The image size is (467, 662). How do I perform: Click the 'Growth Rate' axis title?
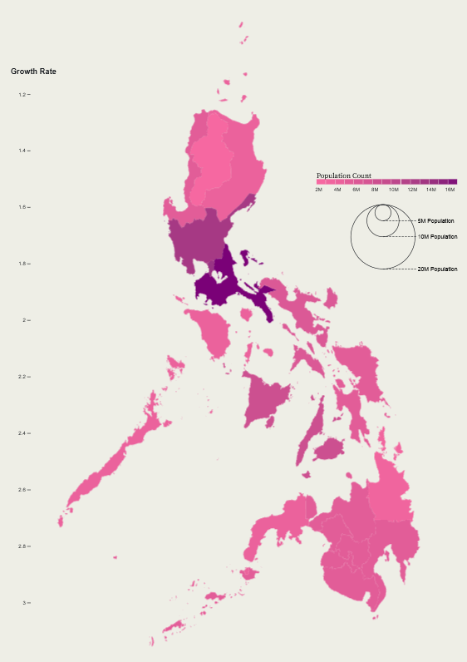pyautogui.click(x=33, y=72)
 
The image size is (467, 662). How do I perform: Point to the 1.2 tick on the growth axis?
pyautogui.click(x=23, y=95)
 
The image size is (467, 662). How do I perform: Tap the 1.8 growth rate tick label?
pyautogui.click(x=23, y=264)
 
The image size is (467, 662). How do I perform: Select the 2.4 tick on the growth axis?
pyautogui.click(x=23, y=434)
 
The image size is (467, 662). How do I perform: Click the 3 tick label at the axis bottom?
pyautogui.click(x=25, y=603)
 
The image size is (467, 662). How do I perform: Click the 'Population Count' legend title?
pyautogui.click(x=343, y=176)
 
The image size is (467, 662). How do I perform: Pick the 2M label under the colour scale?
pyautogui.click(x=318, y=190)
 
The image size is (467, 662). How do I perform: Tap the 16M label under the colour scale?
pyautogui.click(x=450, y=190)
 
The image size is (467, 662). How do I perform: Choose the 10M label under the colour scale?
pyautogui.click(x=393, y=190)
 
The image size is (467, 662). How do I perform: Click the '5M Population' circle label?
pyautogui.click(x=435, y=221)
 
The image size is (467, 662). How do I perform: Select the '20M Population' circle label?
pyautogui.click(x=437, y=269)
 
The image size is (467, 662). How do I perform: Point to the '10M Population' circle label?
pyautogui.click(x=437, y=237)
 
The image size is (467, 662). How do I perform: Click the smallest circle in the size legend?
pyautogui.click(x=382, y=213)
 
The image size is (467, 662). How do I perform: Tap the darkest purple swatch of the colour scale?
pyautogui.click(x=452, y=181)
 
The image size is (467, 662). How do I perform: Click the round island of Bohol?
pyautogui.click(x=331, y=450)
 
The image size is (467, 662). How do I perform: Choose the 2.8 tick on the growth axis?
pyautogui.click(x=23, y=546)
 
